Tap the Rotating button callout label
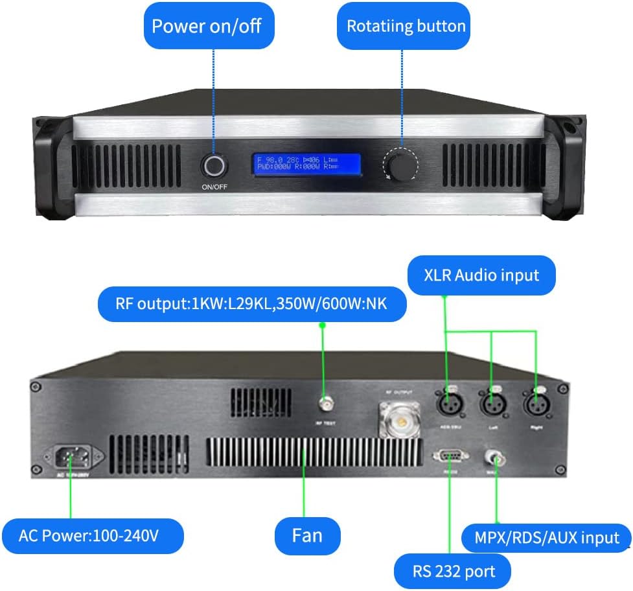406,26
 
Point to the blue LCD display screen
306,165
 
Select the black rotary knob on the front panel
400,164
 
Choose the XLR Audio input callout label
482,275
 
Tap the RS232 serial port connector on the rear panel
449,456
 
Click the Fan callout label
307,536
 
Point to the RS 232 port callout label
453,572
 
